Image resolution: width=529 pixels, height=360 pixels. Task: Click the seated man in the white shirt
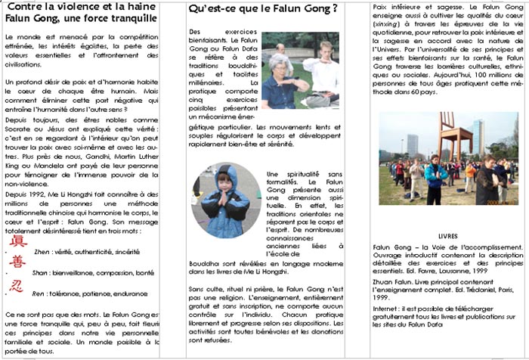click(321, 72)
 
